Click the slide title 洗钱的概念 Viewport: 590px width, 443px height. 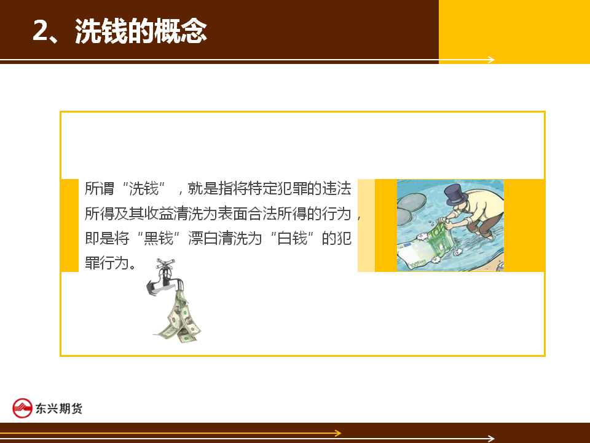coord(141,31)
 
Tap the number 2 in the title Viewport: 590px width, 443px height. coord(41,31)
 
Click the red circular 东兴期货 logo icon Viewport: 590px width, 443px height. coord(22,408)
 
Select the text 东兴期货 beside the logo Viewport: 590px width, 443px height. coord(59,409)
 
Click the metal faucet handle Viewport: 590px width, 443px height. coord(165,263)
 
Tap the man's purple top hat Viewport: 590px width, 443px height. coord(456,194)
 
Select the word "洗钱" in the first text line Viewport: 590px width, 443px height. coord(144,189)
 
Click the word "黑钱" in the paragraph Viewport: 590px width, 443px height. coord(159,239)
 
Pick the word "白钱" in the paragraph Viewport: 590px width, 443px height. coord(292,239)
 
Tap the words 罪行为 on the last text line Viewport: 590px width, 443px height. coord(107,263)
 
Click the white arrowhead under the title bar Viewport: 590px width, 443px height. coord(490,60)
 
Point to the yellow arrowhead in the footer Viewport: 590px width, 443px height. coord(338,433)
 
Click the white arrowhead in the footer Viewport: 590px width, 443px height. coord(490,438)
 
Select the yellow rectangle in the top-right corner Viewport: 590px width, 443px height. coord(514,31)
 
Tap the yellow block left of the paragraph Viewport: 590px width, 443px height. coord(69,225)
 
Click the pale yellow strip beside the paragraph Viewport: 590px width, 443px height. coord(366,225)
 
